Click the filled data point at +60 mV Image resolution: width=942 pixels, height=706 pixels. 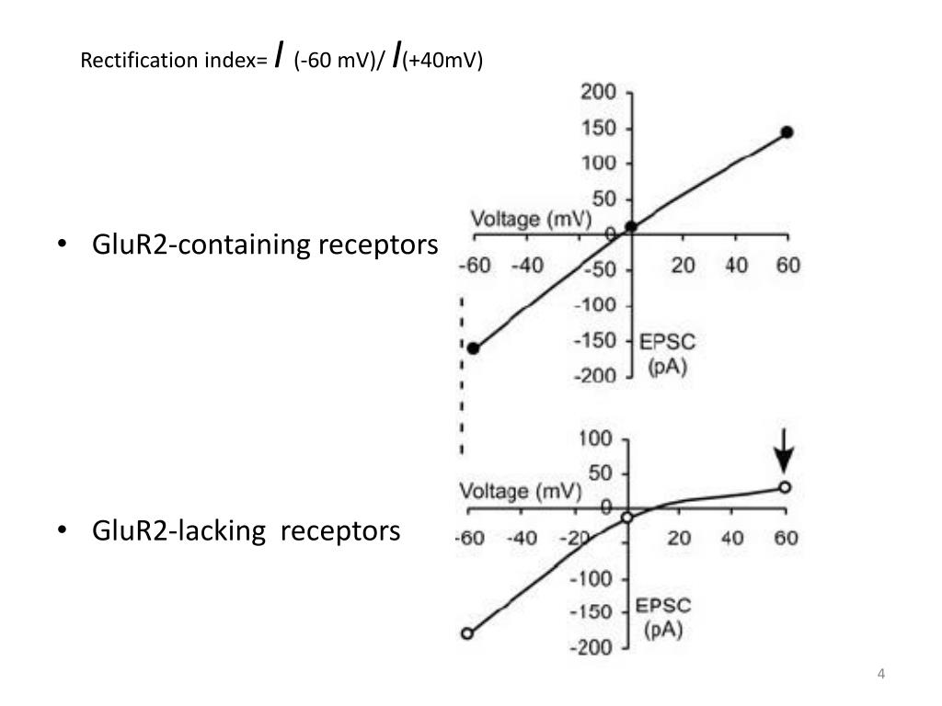point(787,132)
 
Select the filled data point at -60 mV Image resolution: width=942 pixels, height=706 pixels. point(473,348)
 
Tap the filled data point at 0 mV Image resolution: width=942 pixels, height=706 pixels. point(630,226)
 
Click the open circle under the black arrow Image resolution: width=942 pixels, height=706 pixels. point(785,487)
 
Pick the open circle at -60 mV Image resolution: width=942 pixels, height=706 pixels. point(466,633)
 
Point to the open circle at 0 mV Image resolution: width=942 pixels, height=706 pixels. point(627,518)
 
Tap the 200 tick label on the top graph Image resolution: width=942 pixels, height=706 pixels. point(598,93)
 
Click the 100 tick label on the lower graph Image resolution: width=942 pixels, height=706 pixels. point(594,438)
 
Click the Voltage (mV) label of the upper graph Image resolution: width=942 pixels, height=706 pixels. point(531,220)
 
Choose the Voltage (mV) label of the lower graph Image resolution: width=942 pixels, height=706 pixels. point(520,491)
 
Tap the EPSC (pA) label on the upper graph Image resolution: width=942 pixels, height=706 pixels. point(668,355)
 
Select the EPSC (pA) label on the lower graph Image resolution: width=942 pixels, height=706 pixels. point(664,618)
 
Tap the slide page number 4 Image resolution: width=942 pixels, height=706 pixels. point(880,676)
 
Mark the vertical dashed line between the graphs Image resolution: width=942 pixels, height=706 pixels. point(462,377)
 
